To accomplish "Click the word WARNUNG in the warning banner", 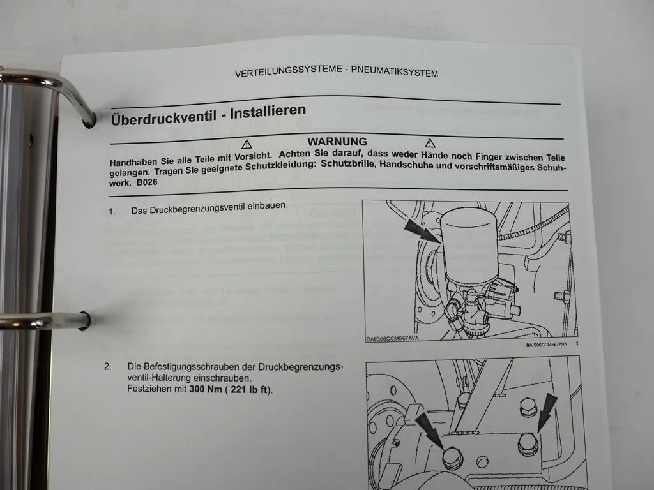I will pyautogui.click(x=337, y=142).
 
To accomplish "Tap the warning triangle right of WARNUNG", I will pyautogui.click(x=430, y=142).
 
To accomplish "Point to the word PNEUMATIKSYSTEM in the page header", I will pyautogui.click(x=395, y=73).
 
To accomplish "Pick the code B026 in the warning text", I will pyautogui.click(x=147, y=182).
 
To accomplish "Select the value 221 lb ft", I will pyautogui.click(x=247, y=389).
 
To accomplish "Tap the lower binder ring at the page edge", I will pyautogui.click(x=45, y=320).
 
